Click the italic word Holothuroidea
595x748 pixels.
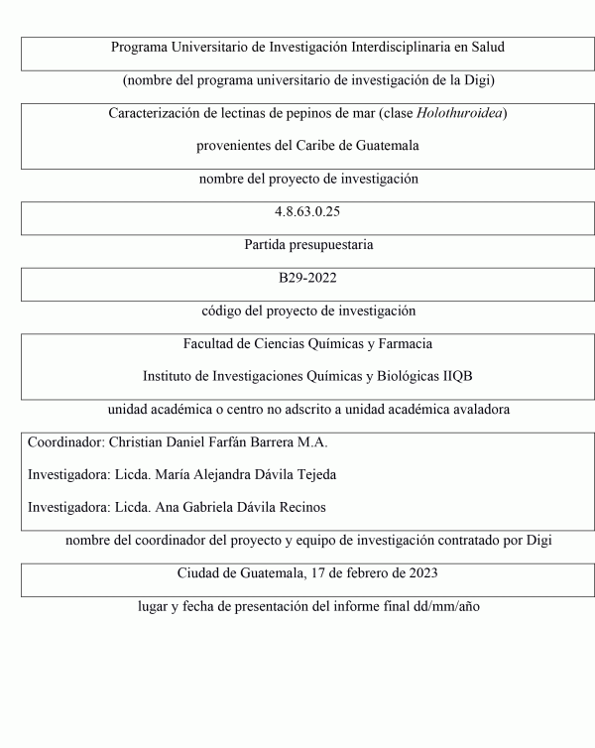(462, 113)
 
